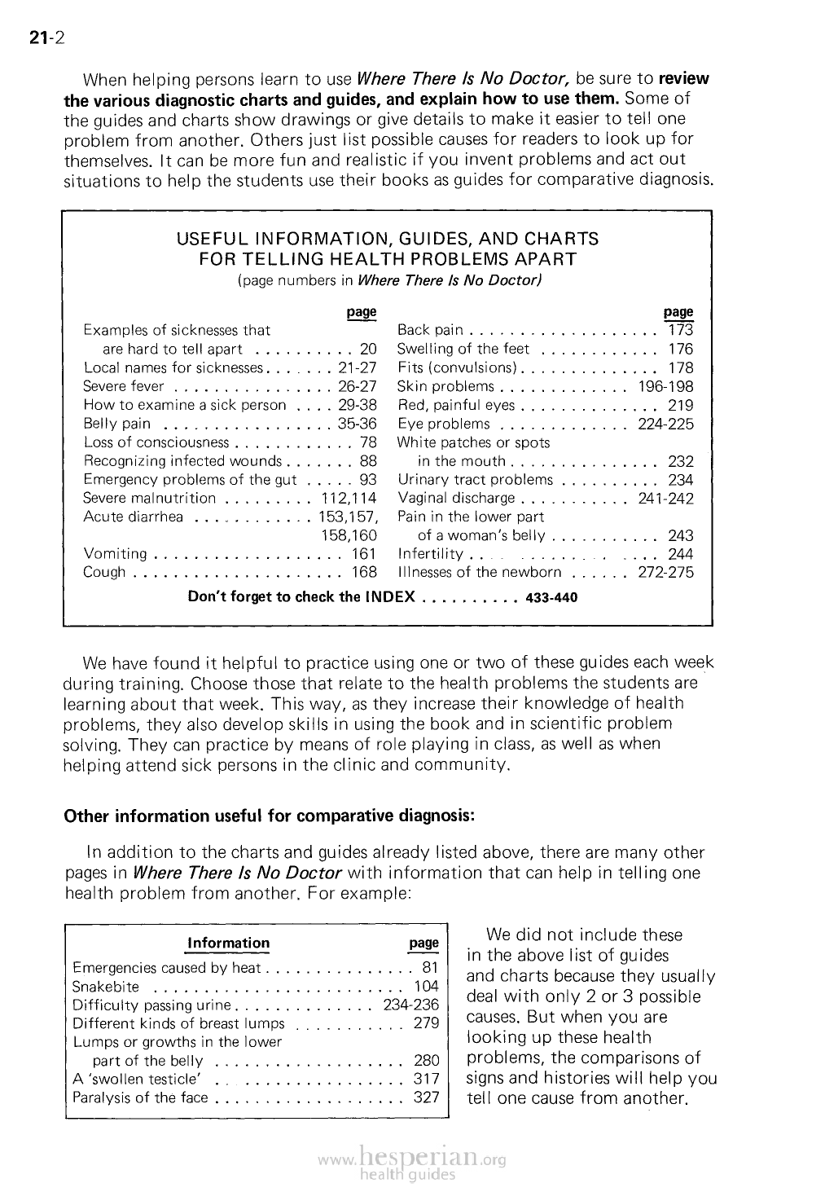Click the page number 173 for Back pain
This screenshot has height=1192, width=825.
tap(680, 330)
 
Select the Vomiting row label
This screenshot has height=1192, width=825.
tap(115, 554)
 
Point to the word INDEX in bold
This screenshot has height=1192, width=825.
tap(388, 597)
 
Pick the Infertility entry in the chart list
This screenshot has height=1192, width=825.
tap(430, 554)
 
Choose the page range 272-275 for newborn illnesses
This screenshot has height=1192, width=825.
tap(665, 572)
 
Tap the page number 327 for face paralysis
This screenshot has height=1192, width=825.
tap(426, 1097)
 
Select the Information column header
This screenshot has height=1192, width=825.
tap(228, 943)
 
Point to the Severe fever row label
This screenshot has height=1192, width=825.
tap(123, 386)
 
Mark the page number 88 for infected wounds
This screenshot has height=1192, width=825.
tap(367, 461)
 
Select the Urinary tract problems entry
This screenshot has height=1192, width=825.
tap(475, 480)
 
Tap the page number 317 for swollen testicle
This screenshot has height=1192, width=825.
tap(426, 1078)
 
